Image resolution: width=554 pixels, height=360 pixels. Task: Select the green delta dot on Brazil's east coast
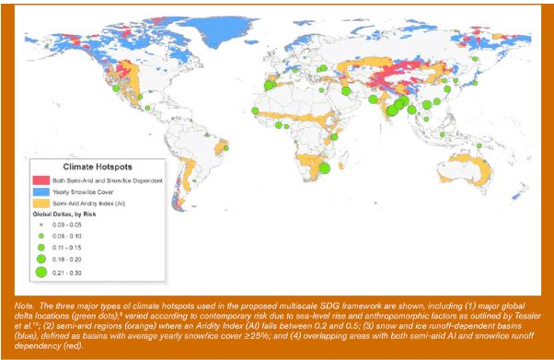coord(227,146)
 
